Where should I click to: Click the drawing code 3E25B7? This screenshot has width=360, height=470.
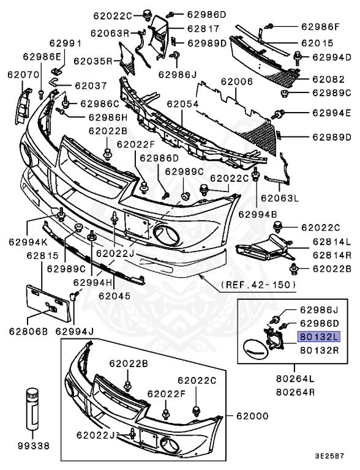tap(330, 457)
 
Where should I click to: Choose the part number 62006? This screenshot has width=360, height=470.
tap(237, 81)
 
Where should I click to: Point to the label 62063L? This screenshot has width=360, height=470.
tap(279, 198)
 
